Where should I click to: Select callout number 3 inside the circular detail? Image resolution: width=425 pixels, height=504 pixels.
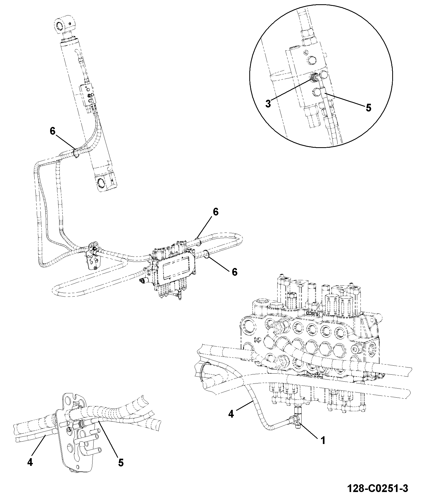tap(268, 103)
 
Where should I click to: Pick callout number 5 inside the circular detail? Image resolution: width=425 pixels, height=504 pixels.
tap(368, 108)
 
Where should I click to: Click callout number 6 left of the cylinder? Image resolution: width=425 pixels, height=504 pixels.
tap(53, 131)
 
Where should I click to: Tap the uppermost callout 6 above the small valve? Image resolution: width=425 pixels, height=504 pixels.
tap(215, 212)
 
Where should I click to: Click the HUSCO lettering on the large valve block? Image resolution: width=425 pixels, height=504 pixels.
tap(313, 314)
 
